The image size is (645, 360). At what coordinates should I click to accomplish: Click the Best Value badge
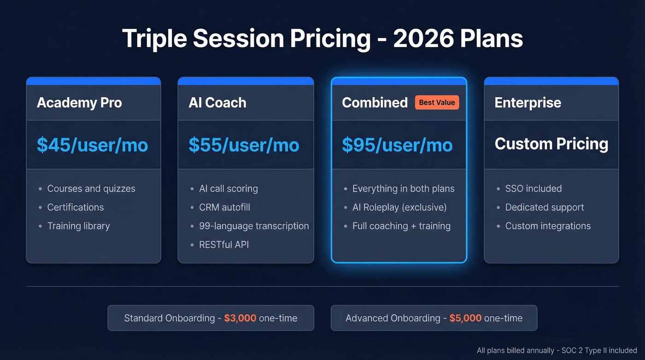(x=437, y=102)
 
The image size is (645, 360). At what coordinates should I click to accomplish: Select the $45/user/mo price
(x=92, y=145)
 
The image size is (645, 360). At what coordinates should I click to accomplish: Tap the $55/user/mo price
(x=244, y=145)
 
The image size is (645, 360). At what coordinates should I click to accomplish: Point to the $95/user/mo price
(x=397, y=145)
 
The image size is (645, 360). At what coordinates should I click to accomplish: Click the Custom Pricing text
(x=551, y=144)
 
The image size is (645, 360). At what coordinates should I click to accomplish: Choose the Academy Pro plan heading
(x=79, y=102)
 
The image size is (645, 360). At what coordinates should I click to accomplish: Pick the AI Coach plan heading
(x=217, y=102)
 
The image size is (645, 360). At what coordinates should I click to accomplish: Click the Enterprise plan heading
(x=528, y=102)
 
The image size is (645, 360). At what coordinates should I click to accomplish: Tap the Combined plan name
(x=375, y=102)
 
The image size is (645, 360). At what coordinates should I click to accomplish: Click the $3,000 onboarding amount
(x=240, y=318)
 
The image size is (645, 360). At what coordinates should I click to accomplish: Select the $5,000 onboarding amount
(x=465, y=318)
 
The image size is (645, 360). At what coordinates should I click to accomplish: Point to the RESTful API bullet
(x=224, y=245)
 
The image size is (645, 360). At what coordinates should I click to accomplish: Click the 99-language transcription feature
(x=254, y=226)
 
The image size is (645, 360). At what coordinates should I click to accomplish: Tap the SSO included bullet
(x=533, y=189)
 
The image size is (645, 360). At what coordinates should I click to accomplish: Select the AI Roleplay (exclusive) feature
(x=399, y=207)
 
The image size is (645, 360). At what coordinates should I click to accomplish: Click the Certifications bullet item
(x=76, y=207)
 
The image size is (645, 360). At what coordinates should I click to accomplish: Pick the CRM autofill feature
(x=224, y=207)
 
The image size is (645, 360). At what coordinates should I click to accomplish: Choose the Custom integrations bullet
(x=548, y=226)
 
